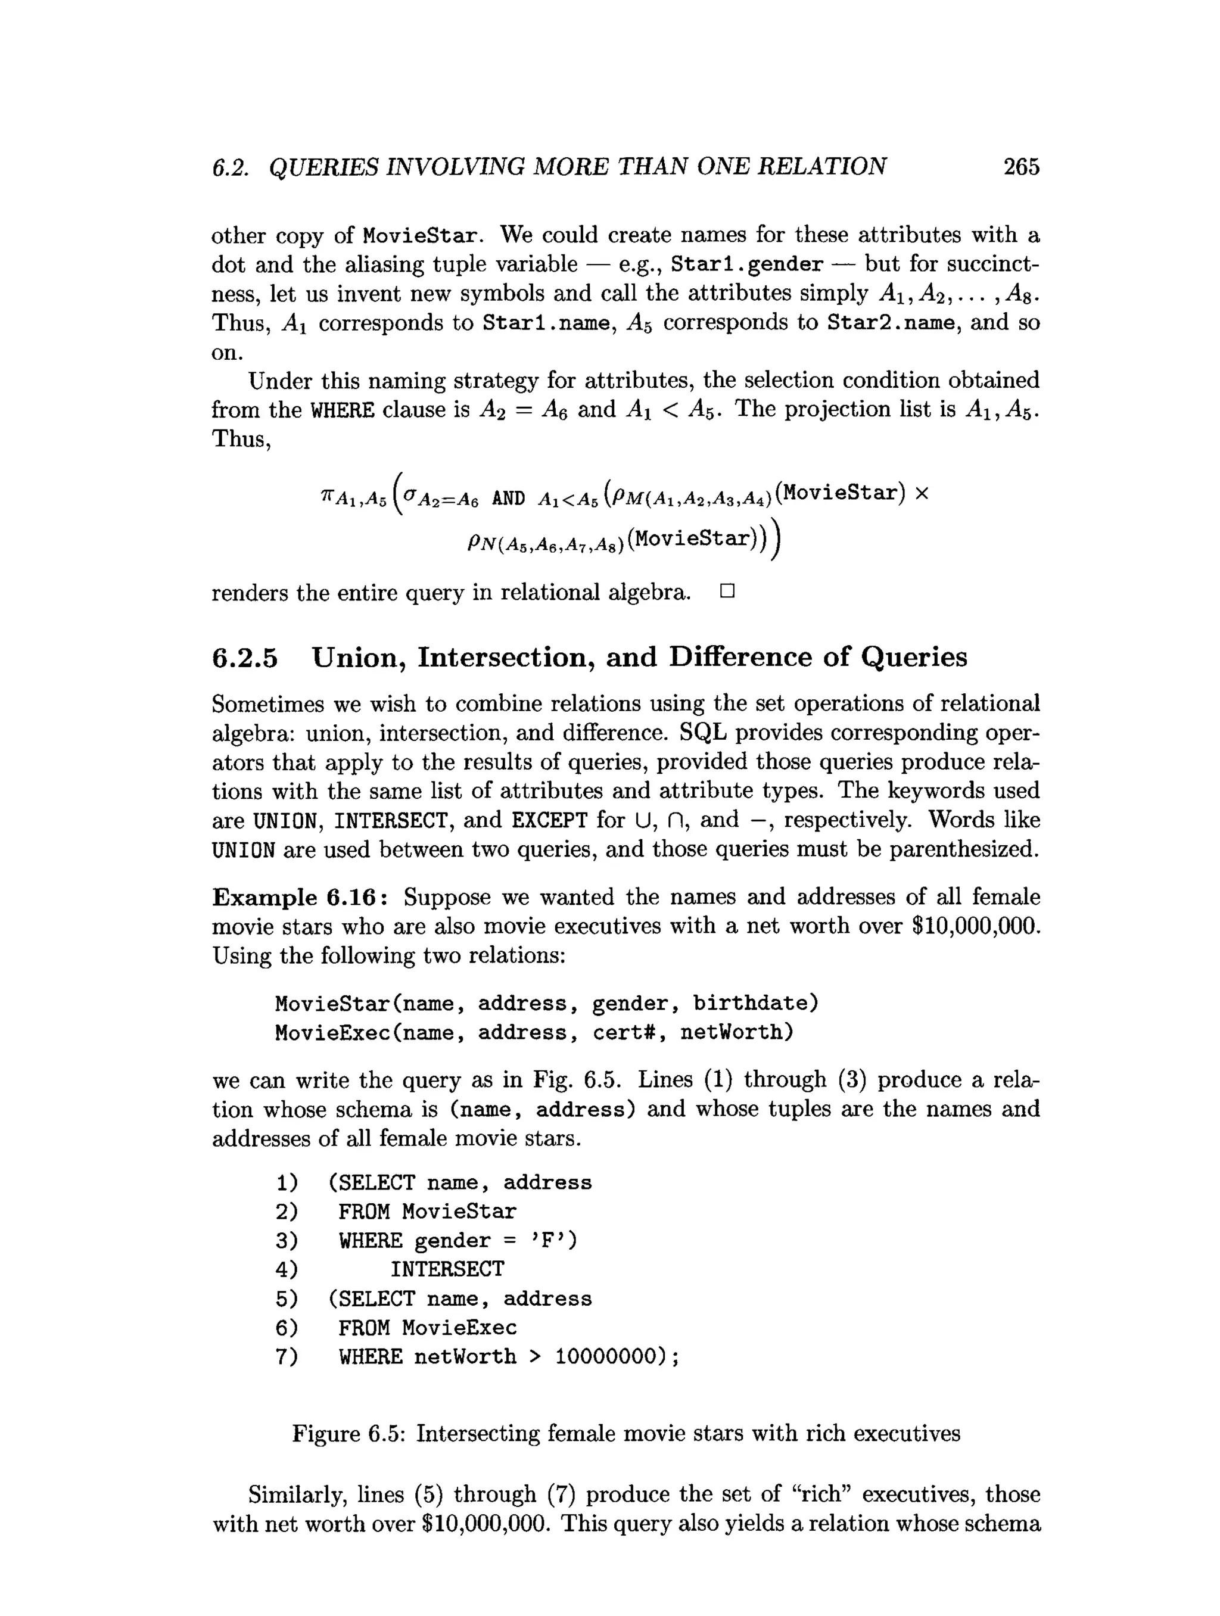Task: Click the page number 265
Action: (1020, 167)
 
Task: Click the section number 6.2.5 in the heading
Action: (245, 658)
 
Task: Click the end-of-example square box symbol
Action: (726, 591)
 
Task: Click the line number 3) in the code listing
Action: (287, 1241)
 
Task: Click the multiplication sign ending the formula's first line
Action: (920, 494)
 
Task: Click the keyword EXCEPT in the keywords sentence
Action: (549, 820)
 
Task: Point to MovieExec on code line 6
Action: (459, 1328)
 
